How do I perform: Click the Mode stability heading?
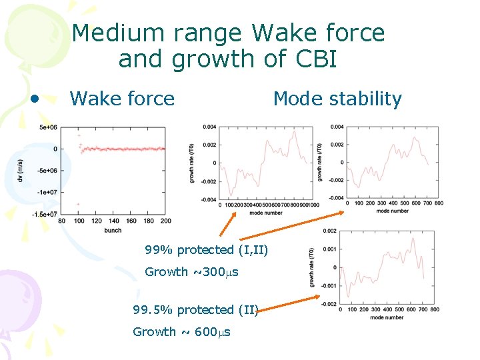pyautogui.click(x=337, y=99)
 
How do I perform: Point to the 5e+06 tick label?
pyautogui.click(x=47, y=127)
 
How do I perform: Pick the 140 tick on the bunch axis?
pyautogui.click(x=113, y=221)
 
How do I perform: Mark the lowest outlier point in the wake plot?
pyautogui.click(x=78, y=204)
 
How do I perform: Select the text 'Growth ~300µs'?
pyautogui.click(x=191, y=272)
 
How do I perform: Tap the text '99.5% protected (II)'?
pyautogui.click(x=195, y=310)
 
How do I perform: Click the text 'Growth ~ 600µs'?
pyautogui.click(x=181, y=332)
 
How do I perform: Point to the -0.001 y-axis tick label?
pyautogui.click(x=327, y=285)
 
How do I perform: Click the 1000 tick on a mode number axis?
pyautogui.click(x=313, y=205)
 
